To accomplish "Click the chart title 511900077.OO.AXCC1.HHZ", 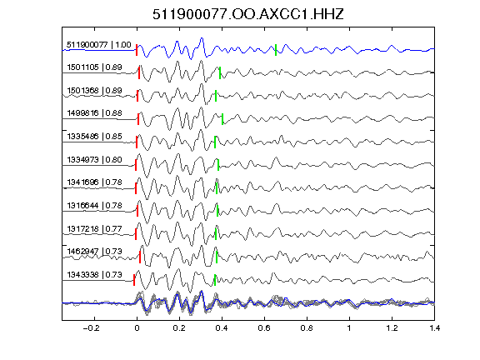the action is (x=248, y=14).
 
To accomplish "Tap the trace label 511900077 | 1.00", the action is (x=99, y=45).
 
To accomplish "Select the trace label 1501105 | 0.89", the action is (x=95, y=67).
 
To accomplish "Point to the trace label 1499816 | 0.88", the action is (x=95, y=113).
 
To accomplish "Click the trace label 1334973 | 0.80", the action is (x=95, y=159).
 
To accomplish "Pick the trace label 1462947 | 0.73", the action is (x=95, y=252).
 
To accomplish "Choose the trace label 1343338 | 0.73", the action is (x=95, y=275).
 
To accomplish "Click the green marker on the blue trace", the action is (x=276, y=50).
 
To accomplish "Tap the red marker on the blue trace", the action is (x=137, y=50).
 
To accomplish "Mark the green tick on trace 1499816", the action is (x=222, y=119).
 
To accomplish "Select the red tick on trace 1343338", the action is (x=134, y=280).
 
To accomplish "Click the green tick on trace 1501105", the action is (x=220, y=72).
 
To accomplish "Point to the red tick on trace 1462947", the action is (x=140, y=257).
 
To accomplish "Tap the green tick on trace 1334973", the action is (x=218, y=165).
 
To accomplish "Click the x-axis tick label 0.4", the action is (x=222, y=328).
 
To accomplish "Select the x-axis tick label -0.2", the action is (x=92, y=328).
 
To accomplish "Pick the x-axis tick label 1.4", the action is (x=434, y=328).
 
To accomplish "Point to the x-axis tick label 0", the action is (x=137, y=328).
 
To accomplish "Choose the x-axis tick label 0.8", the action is (x=307, y=328).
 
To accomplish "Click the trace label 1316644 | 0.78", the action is (x=95, y=205).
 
